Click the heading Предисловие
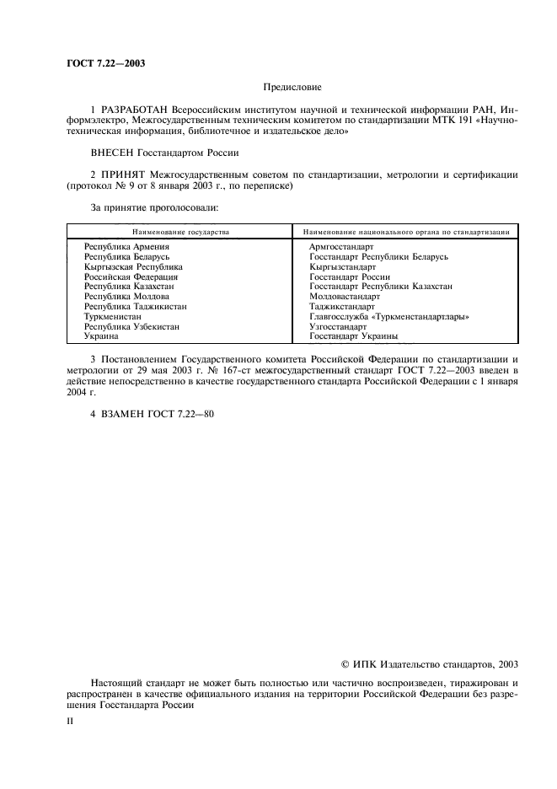click(292, 87)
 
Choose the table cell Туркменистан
click(112, 316)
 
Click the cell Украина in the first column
click(101, 335)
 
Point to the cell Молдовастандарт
click(345, 296)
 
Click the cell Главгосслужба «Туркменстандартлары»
click(388, 316)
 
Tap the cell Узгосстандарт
click(338, 326)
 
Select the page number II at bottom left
click(70, 722)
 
